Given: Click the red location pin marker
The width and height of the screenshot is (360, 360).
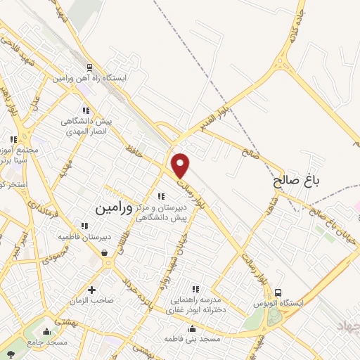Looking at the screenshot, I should [x=181, y=165].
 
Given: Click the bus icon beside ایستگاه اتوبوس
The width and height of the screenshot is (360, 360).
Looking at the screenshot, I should [x=278, y=293].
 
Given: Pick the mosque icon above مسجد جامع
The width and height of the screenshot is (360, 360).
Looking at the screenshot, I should [x=47, y=331].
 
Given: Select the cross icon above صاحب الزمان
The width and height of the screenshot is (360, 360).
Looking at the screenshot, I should [x=92, y=290].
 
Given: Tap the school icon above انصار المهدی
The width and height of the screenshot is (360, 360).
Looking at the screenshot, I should [x=85, y=110].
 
